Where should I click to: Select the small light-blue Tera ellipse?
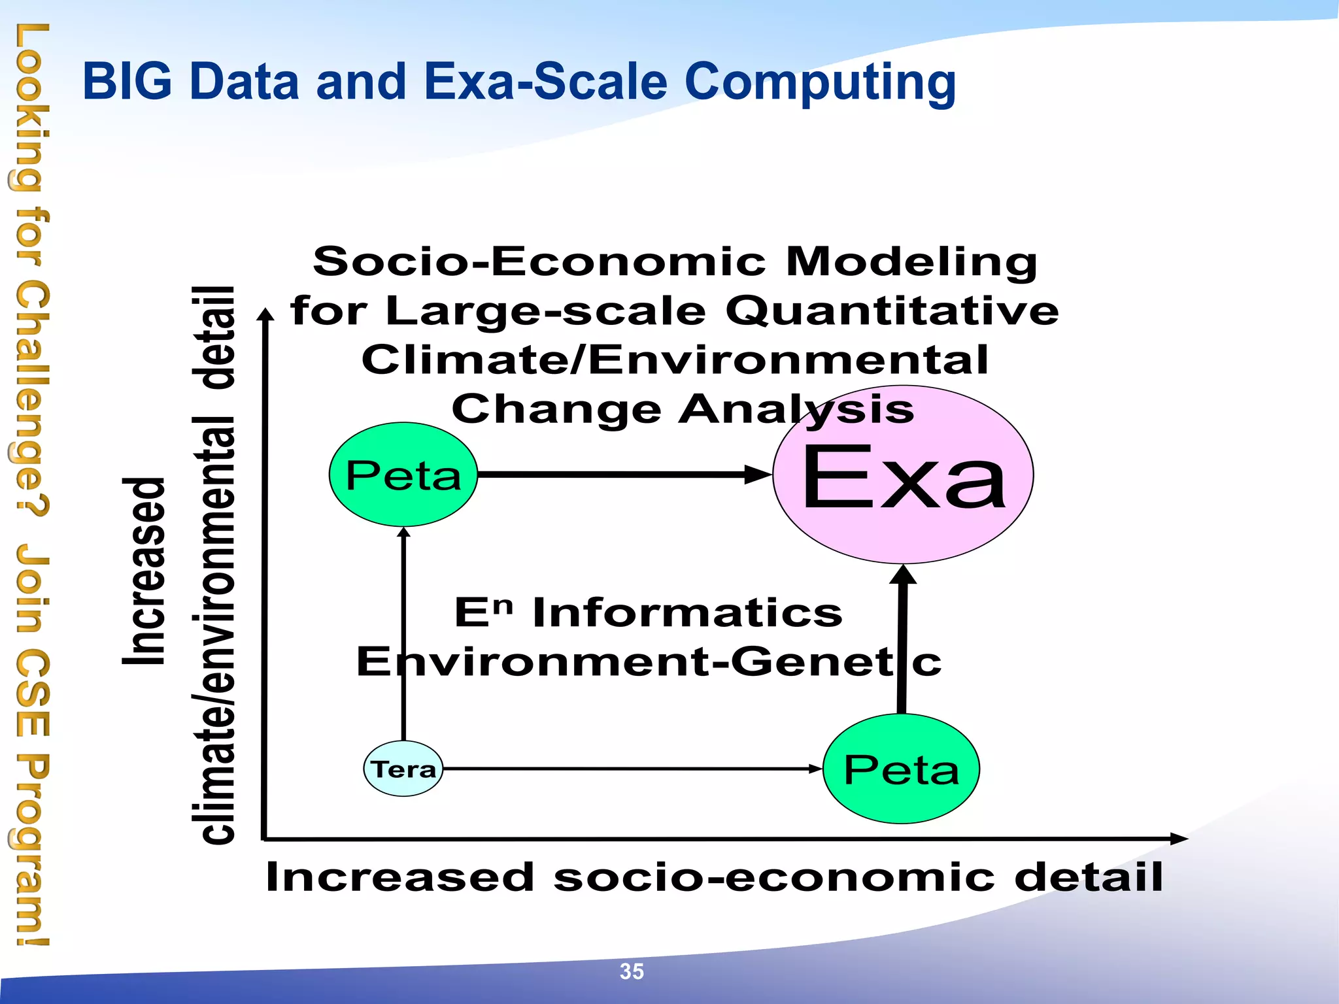[x=403, y=769]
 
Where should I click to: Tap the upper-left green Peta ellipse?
[x=403, y=475]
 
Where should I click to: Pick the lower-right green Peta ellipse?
[x=901, y=769]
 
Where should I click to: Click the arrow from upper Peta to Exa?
[x=621, y=475]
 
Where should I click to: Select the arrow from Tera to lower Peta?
[x=628, y=769]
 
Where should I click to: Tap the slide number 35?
[x=632, y=971]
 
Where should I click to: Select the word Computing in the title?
[x=820, y=83]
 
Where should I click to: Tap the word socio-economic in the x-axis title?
[x=774, y=877]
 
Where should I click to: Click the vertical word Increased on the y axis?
[x=144, y=571]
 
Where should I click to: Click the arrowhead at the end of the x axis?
[x=1178, y=839]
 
